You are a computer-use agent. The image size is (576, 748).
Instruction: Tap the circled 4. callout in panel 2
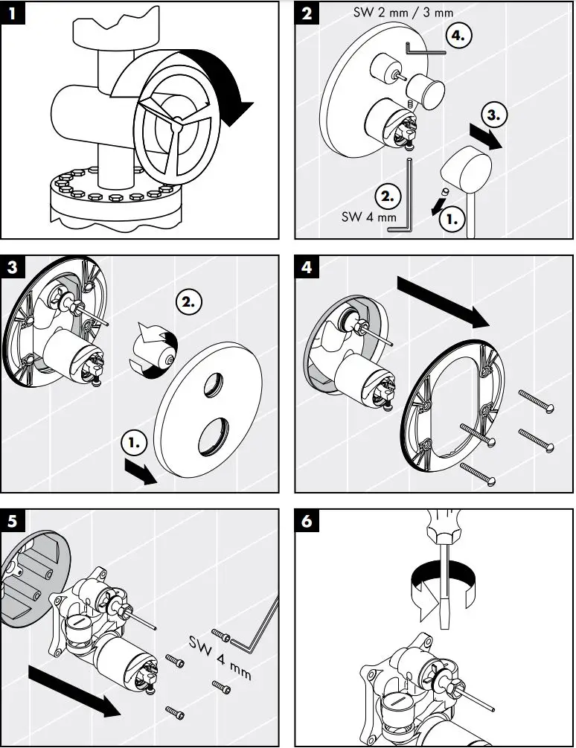pyautogui.click(x=459, y=35)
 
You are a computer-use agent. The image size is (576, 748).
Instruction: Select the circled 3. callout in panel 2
pyautogui.click(x=494, y=116)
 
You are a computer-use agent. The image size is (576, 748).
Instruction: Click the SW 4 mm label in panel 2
pyautogui.click(x=369, y=217)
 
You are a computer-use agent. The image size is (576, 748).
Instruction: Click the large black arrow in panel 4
pyautogui.click(x=443, y=301)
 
